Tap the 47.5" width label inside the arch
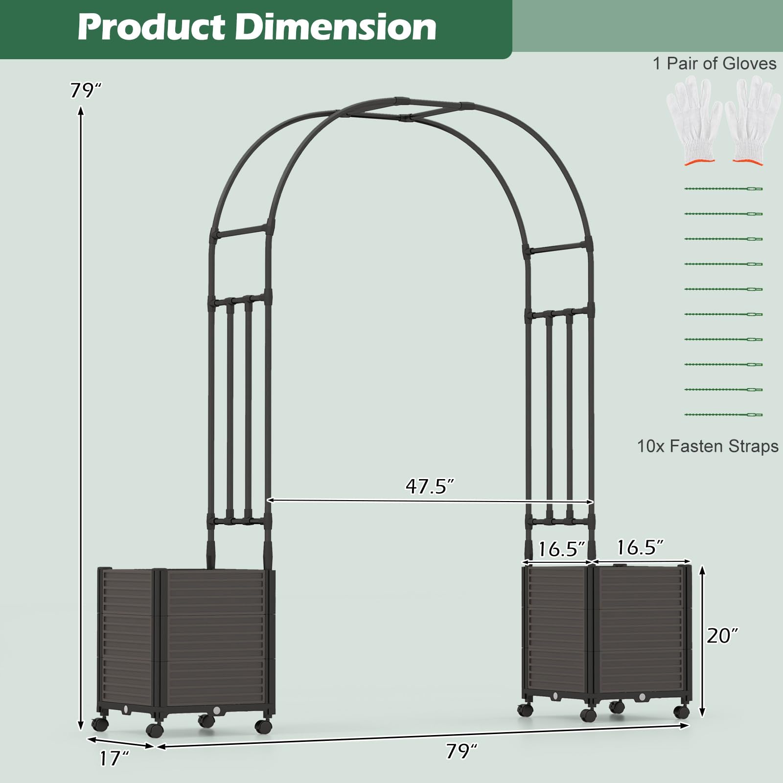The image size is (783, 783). tap(430, 486)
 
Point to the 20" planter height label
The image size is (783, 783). tap(722, 636)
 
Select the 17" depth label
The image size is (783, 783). tap(114, 759)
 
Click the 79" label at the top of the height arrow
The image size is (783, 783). tap(85, 91)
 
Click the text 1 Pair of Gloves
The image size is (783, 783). tap(714, 64)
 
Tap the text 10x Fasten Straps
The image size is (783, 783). tap(707, 446)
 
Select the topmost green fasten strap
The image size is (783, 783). tap(723, 188)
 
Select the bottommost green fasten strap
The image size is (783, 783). tap(723, 415)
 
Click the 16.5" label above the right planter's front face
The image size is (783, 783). tap(640, 548)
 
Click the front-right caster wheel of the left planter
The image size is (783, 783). tap(264, 726)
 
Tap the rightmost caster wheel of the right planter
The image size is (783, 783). tap(681, 712)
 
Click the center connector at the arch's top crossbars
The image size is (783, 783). tap(404, 118)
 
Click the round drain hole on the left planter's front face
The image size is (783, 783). tap(216, 709)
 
